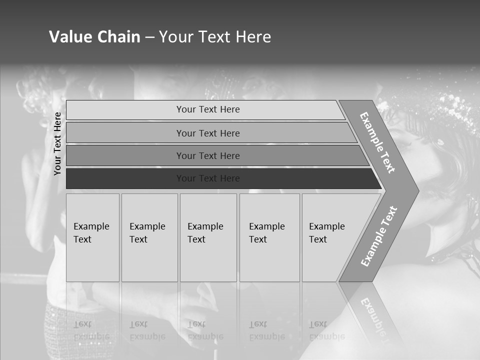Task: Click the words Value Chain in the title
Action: pyautogui.click(x=94, y=37)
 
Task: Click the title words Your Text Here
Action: pyautogui.click(x=215, y=37)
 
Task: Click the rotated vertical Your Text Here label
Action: pyautogui.click(x=57, y=143)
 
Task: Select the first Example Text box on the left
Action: pyautogui.click(x=92, y=237)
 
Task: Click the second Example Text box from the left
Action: pyautogui.click(x=149, y=237)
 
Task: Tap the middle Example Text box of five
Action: pyautogui.click(x=208, y=237)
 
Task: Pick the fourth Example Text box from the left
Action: pyautogui.click(x=269, y=237)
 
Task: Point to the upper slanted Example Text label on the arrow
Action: pyautogui.click(x=377, y=142)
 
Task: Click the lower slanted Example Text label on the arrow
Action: pyautogui.click(x=379, y=236)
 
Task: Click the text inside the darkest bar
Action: pyautogui.click(x=208, y=178)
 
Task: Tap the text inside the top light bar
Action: pyautogui.click(x=208, y=109)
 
